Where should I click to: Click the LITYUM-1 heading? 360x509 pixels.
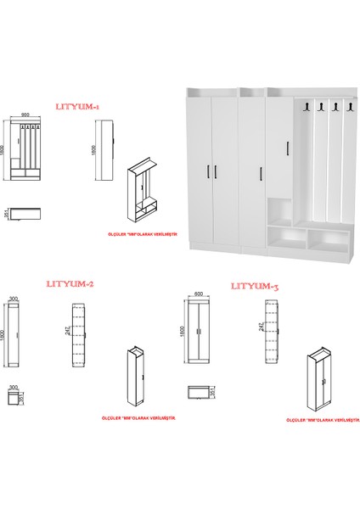click(x=77, y=109)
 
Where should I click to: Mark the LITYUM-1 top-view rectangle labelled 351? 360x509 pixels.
click(x=25, y=214)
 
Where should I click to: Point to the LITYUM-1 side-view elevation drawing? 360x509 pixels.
click(x=104, y=152)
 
